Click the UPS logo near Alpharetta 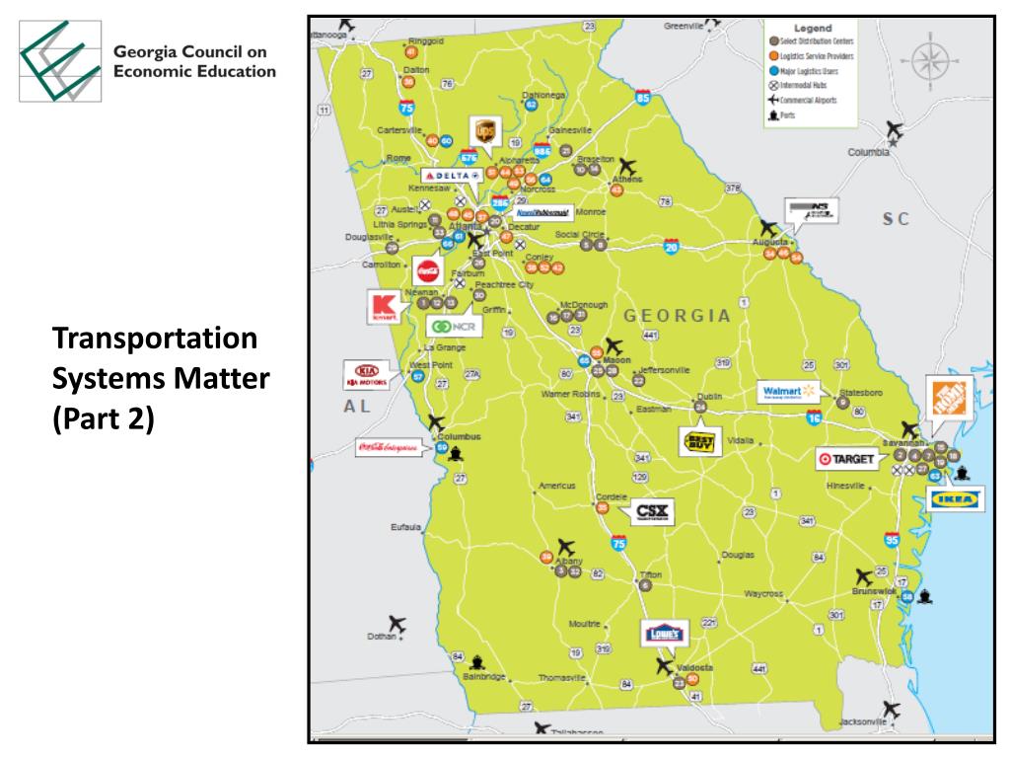(x=484, y=131)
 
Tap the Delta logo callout (x=452, y=175)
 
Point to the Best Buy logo (x=701, y=441)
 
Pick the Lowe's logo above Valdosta (x=663, y=633)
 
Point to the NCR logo (x=453, y=326)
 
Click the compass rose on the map (x=928, y=60)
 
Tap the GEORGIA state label (x=677, y=316)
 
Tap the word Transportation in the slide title (x=155, y=340)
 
